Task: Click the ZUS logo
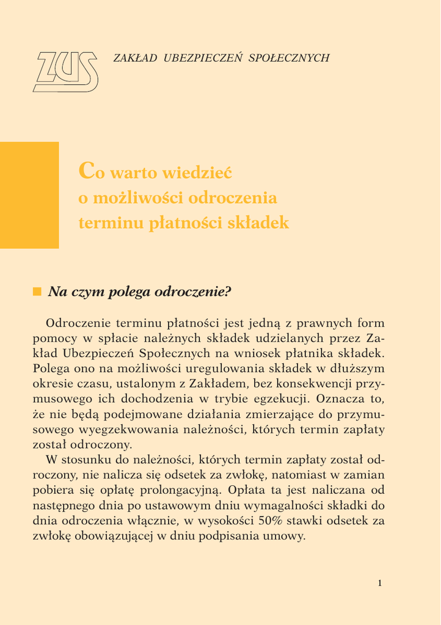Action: [65, 71]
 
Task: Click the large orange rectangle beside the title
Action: [29, 195]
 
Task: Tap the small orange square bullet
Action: [37, 291]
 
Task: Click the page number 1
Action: [379, 583]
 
